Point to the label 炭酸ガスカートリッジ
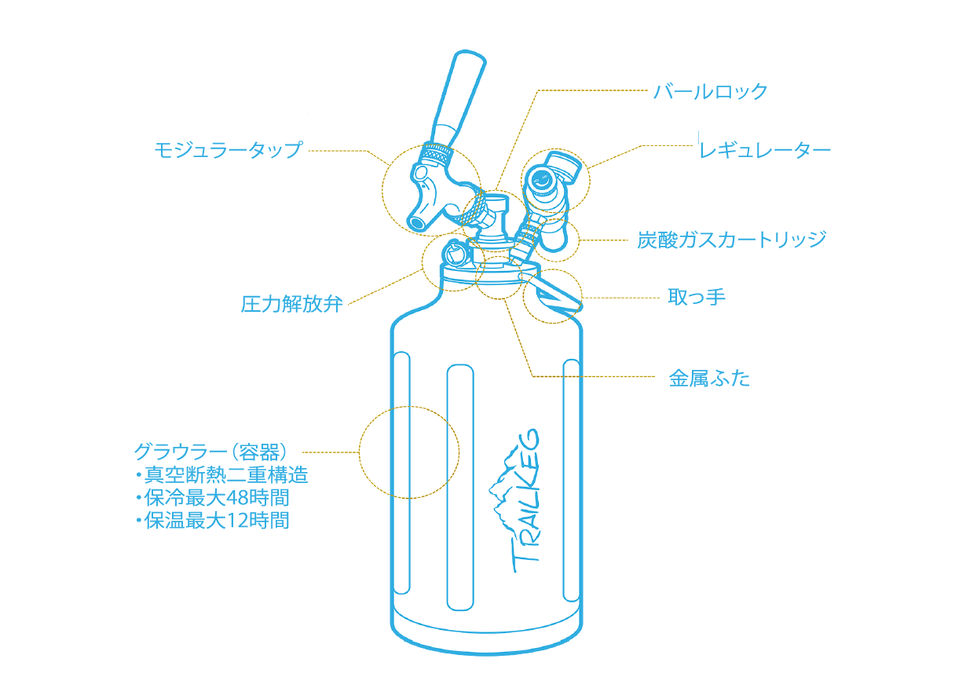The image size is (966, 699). (732, 240)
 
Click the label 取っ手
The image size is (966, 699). (696, 297)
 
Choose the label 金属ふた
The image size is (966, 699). (709, 379)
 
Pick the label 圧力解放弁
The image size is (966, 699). (292, 305)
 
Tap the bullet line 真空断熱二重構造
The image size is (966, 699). (225, 475)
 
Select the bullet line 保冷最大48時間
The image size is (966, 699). (217, 498)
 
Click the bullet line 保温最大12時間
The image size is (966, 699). (217, 520)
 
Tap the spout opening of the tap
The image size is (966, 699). (416, 221)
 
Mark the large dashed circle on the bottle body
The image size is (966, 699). (408, 452)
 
